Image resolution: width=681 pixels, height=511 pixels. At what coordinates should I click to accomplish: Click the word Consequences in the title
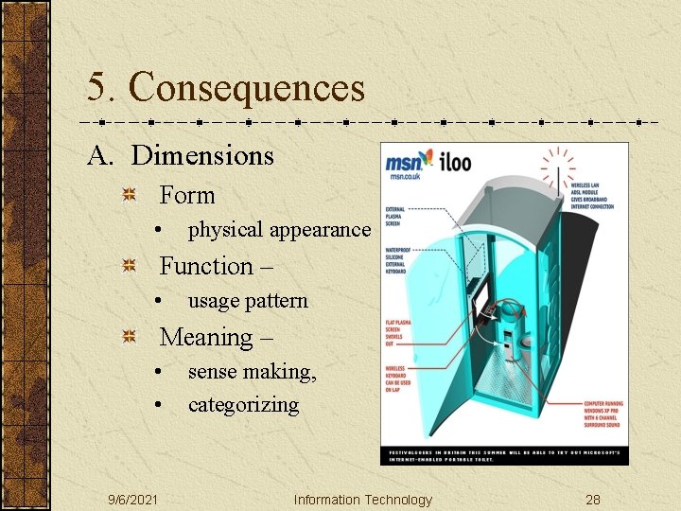tap(247, 88)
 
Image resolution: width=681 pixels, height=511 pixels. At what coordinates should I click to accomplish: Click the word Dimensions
tap(201, 155)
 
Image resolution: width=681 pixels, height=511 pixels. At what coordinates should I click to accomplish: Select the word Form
tap(187, 195)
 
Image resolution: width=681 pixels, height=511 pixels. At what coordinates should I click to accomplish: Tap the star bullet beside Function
tap(131, 267)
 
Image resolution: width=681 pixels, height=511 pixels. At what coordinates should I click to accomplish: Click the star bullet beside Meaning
tap(131, 338)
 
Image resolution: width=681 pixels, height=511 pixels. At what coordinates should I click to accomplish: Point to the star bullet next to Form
tap(131, 196)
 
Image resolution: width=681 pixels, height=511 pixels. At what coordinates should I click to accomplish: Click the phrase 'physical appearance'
tap(279, 229)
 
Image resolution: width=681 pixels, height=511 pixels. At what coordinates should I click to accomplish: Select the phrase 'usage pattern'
tap(248, 301)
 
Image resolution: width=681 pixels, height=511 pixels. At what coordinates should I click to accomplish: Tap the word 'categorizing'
tap(243, 405)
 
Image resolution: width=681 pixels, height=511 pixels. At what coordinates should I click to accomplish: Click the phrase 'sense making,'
tap(253, 372)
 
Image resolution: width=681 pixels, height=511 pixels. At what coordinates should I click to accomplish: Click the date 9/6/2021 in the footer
tap(132, 500)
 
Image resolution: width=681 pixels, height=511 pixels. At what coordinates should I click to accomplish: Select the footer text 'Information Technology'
tap(362, 500)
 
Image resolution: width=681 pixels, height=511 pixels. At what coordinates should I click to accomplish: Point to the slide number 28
tap(593, 500)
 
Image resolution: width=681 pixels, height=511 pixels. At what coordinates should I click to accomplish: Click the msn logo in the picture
tap(410, 164)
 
